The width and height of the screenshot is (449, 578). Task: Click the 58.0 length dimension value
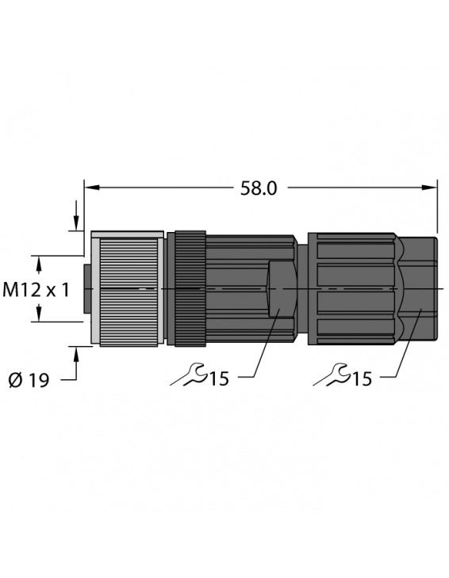coord(258,188)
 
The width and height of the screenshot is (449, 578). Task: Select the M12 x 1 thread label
coord(36,290)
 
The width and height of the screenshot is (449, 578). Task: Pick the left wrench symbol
coord(189,375)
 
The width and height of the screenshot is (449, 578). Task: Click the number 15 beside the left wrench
coord(219,379)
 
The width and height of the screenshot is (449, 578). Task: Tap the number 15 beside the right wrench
coord(362,379)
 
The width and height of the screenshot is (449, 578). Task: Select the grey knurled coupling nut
coord(127,289)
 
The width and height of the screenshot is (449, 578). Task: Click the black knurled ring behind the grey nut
coord(190,289)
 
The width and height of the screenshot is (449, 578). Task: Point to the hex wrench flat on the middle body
coord(280,290)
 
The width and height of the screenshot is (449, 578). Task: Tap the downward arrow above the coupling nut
coord(76,222)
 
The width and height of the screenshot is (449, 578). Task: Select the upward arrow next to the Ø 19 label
coord(76,356)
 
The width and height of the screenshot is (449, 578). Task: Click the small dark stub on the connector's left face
coord(88,289)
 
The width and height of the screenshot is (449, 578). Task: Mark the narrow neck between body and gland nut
coord(302,289)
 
